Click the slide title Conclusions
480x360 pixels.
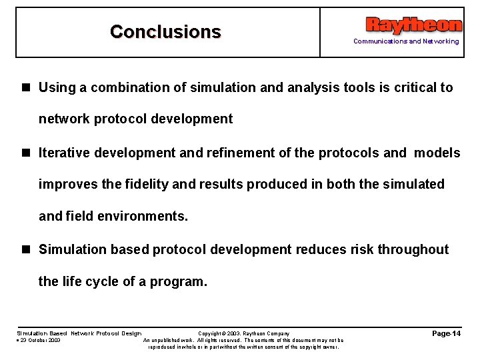pos(165,31)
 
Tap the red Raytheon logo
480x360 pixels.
pos(413,25)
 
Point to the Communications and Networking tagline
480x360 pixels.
pos(406,41)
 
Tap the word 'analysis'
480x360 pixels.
pos(311,87)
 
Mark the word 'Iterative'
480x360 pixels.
pos(65,153)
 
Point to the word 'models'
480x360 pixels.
pos(437,153)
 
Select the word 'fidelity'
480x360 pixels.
pos(145,184)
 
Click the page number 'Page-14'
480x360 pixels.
pos(446,333)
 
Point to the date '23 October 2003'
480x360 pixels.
pos(40,340)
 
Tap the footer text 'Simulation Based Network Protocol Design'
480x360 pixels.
pos(79,333)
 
